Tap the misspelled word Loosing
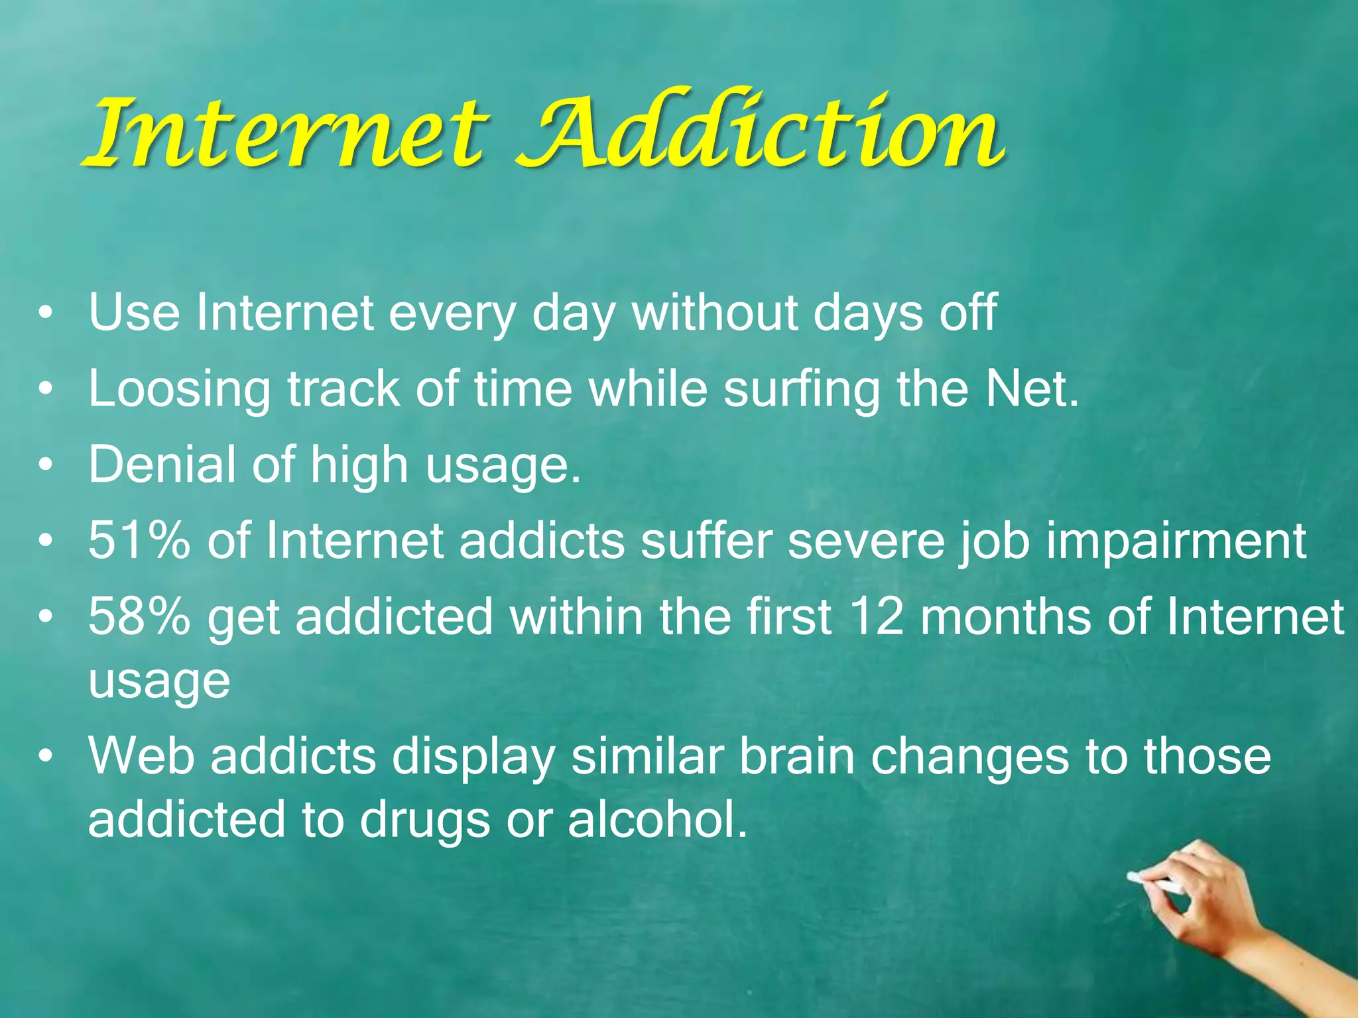click(179, 390)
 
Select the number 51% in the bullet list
click(139, 540)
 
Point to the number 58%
click(139, 616)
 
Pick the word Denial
click(162, 464)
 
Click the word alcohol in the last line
click(656, 819)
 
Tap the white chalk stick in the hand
click(1154, 882)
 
